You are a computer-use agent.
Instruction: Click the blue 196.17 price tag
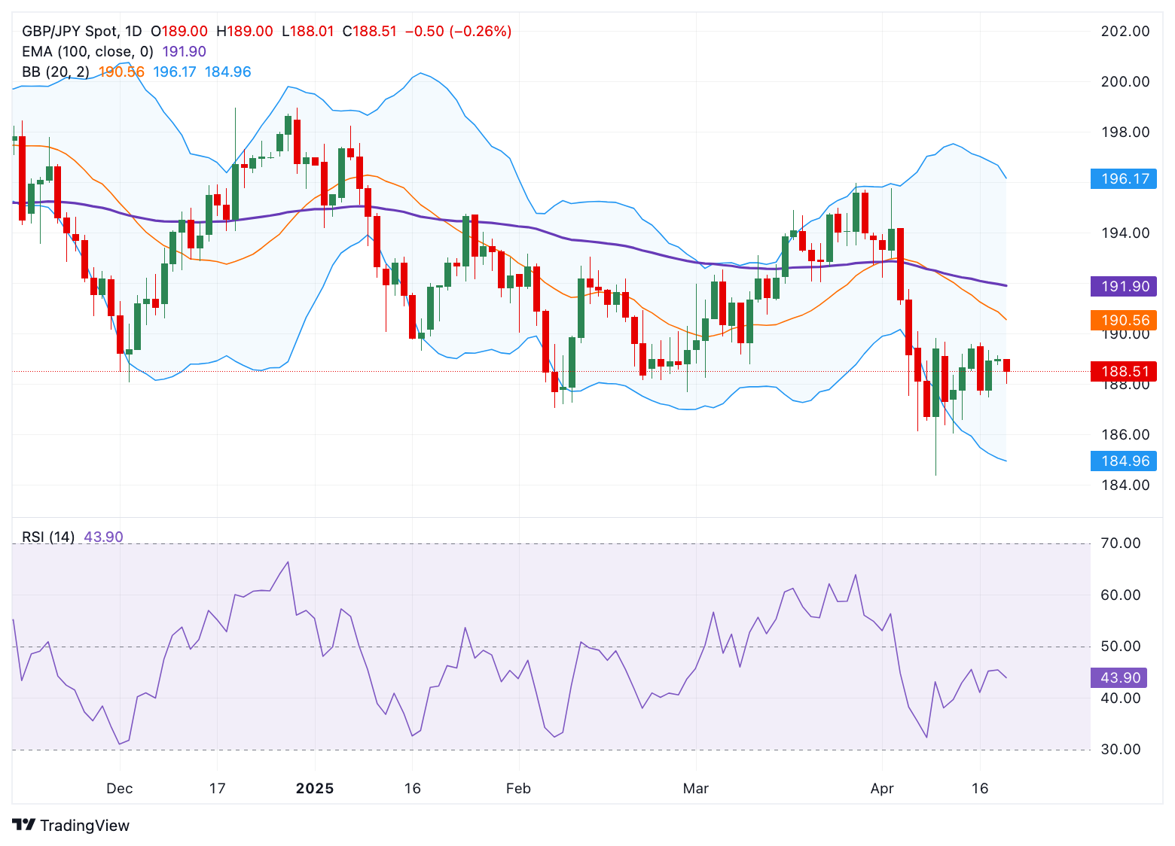(x=1124, y=179)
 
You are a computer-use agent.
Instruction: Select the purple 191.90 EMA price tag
(x=1124, y=286)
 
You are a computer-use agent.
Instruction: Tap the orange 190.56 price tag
(x=1124, y=321)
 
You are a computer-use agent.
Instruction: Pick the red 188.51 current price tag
(x=1124, y=371)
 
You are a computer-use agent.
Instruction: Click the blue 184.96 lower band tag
(x=1124, y=461)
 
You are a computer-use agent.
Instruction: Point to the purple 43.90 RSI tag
(x=1119, y=677)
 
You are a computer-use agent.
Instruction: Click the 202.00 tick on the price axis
(x=1125, y=32)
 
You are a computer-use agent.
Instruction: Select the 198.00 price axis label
(x=1125, y=132)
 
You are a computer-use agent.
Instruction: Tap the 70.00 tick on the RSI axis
(x=1120, y=543)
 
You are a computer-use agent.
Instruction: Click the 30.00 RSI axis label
(x=1120, y=750)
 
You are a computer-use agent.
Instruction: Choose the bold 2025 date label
(x=314, y=789)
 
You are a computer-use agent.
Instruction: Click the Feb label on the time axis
(x=518, y=789)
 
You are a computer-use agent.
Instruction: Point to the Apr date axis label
(x=881, y=789)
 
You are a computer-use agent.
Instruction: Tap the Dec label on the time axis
(x=119, y=789)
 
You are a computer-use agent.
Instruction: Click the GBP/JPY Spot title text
(x=70, y=32)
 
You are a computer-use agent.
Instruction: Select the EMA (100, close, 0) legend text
(x=87, y=52)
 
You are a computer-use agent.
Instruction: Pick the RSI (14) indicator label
(x=48, y=537)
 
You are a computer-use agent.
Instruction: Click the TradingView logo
(x=71, y=826)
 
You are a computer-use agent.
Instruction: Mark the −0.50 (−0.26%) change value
(x=458, y=32)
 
